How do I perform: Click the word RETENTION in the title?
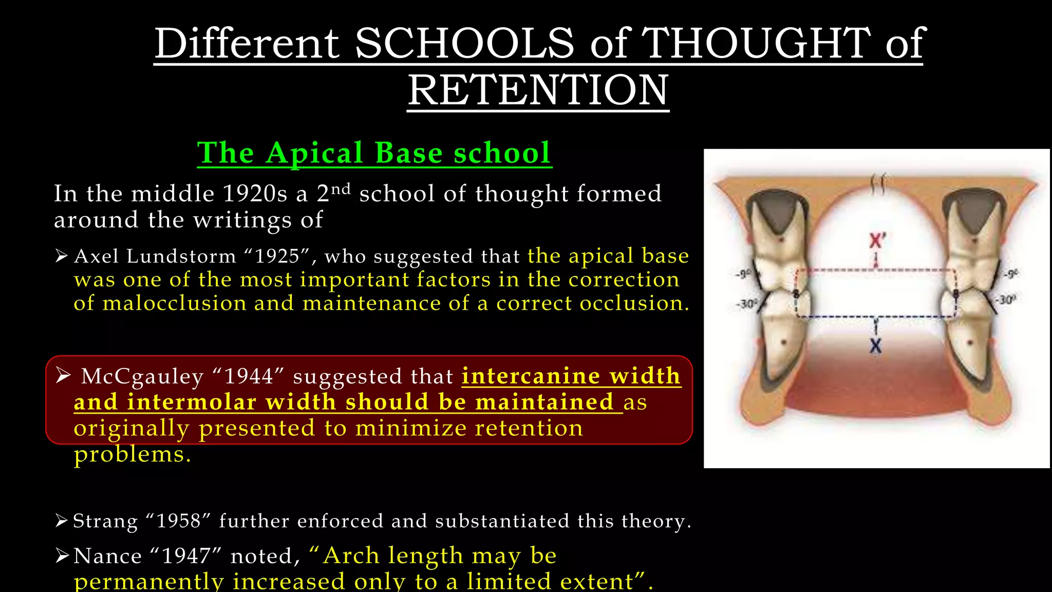[538, 90]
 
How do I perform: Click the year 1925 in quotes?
[277, 256]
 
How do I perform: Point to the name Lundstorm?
[181, 256]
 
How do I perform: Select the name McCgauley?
[142, 377]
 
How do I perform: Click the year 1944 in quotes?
[249, 377]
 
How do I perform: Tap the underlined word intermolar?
[191, 402]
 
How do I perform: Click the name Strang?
[105, 521]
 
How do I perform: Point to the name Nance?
[107, 556]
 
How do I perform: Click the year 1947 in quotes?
[185, 556]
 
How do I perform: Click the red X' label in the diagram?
[877, 240]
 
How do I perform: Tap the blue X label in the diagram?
[876, 346]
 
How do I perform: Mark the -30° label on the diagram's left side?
[745, 304]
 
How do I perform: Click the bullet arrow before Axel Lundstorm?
[62, 255]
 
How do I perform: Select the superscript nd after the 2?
[340, 189]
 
